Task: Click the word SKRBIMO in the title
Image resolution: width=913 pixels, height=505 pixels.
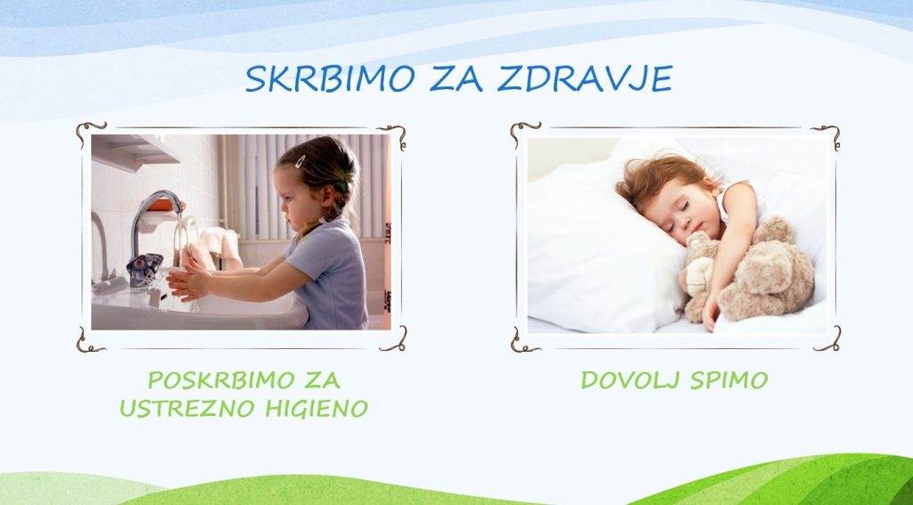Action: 330,78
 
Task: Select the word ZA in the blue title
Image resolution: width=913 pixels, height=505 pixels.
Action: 456,78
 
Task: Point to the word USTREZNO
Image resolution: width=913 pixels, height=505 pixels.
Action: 187,409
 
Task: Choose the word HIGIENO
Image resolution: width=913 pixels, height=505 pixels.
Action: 317,409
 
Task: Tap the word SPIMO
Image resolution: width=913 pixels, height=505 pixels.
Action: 729,380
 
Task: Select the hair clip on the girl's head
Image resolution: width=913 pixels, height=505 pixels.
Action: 300,161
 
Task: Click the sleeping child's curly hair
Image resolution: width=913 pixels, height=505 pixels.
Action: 661,175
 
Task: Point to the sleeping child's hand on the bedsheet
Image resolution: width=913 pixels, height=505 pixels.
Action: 711,314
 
